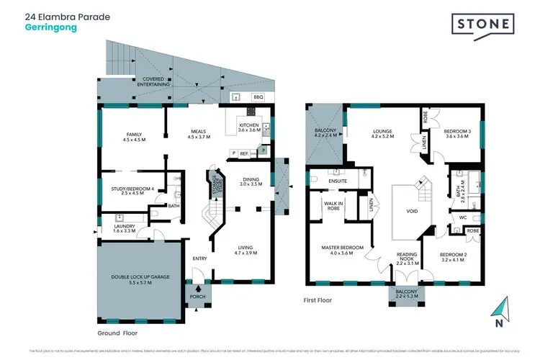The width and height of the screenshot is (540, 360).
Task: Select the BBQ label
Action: click(x=258, y=96)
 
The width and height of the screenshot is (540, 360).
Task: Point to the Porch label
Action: click(x=197, y=297)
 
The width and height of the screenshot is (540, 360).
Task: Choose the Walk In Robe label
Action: click(x=332, y=206)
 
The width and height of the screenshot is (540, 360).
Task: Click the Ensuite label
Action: click(x=338, y=181)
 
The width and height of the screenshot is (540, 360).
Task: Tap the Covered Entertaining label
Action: click(x=156, y=81)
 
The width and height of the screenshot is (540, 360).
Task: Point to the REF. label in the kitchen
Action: click(x=244, y=153)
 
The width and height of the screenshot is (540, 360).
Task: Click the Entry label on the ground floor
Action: click(x=199, y=258)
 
